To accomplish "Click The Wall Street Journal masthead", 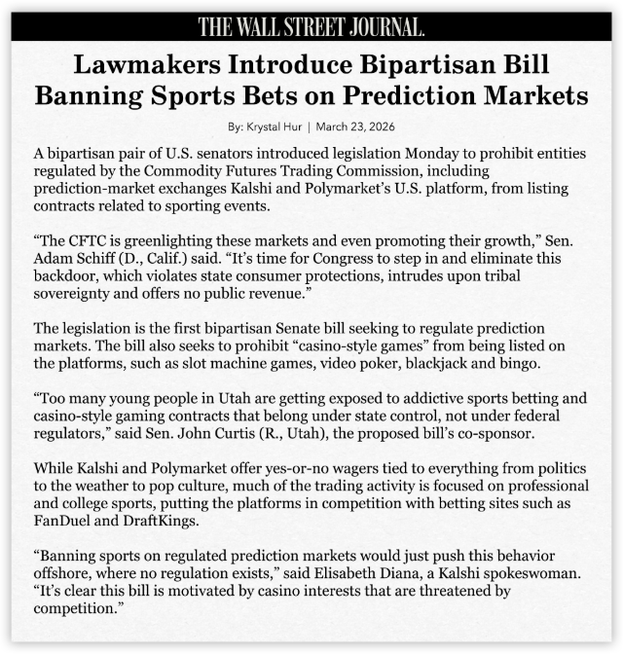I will coord(311,26).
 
